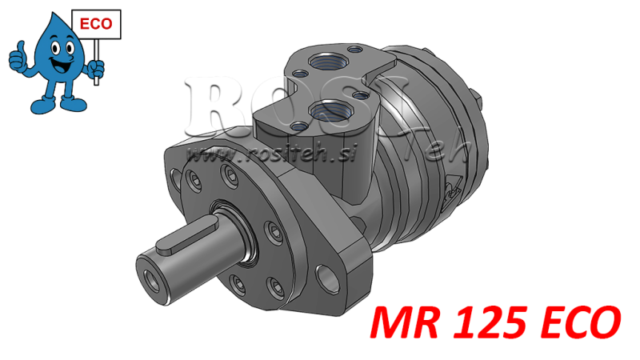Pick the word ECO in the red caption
click(x=569, y=322)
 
